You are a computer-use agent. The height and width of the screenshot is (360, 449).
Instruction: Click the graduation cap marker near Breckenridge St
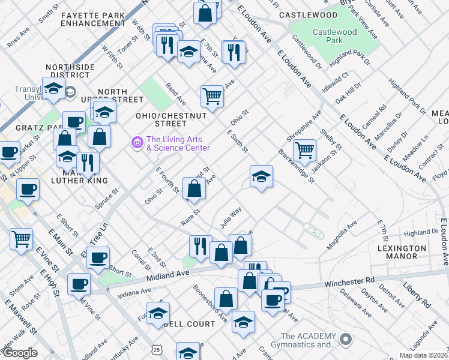point(261,176)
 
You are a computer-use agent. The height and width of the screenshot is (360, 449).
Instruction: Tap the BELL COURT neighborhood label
point(189,324)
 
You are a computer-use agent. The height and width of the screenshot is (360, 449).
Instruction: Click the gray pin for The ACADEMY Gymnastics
point(345,340)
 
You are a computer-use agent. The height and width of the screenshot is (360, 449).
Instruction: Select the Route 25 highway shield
point(157,349)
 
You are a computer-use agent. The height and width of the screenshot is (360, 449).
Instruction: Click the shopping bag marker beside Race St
point(194,188)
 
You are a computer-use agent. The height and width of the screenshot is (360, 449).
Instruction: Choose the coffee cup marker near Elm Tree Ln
point(98,257)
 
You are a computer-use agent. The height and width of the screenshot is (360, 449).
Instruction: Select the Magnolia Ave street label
point(342,235)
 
